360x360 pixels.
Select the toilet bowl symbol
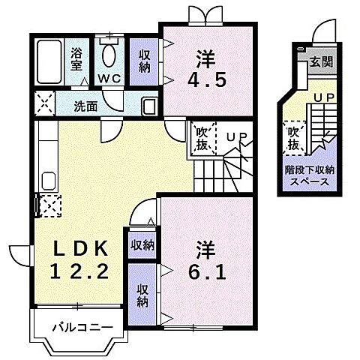pyautogui.click(x=109, y=55)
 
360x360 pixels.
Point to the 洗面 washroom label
pyautogui.click(x=85, y=106)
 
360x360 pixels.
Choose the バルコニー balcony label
pyautogui.click(x=82, y=328)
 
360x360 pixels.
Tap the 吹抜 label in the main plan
pyautogui.click(x=202, y=139)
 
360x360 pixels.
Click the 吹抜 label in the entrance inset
pyautogui.click(x=295, y=136)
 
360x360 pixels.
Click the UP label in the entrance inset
pyautogui.click(x=324, y=98)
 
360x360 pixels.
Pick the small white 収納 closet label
pyautogui.click(x=142, y=244)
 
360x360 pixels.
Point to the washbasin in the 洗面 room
pyautogui.click(x=148, y=106)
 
